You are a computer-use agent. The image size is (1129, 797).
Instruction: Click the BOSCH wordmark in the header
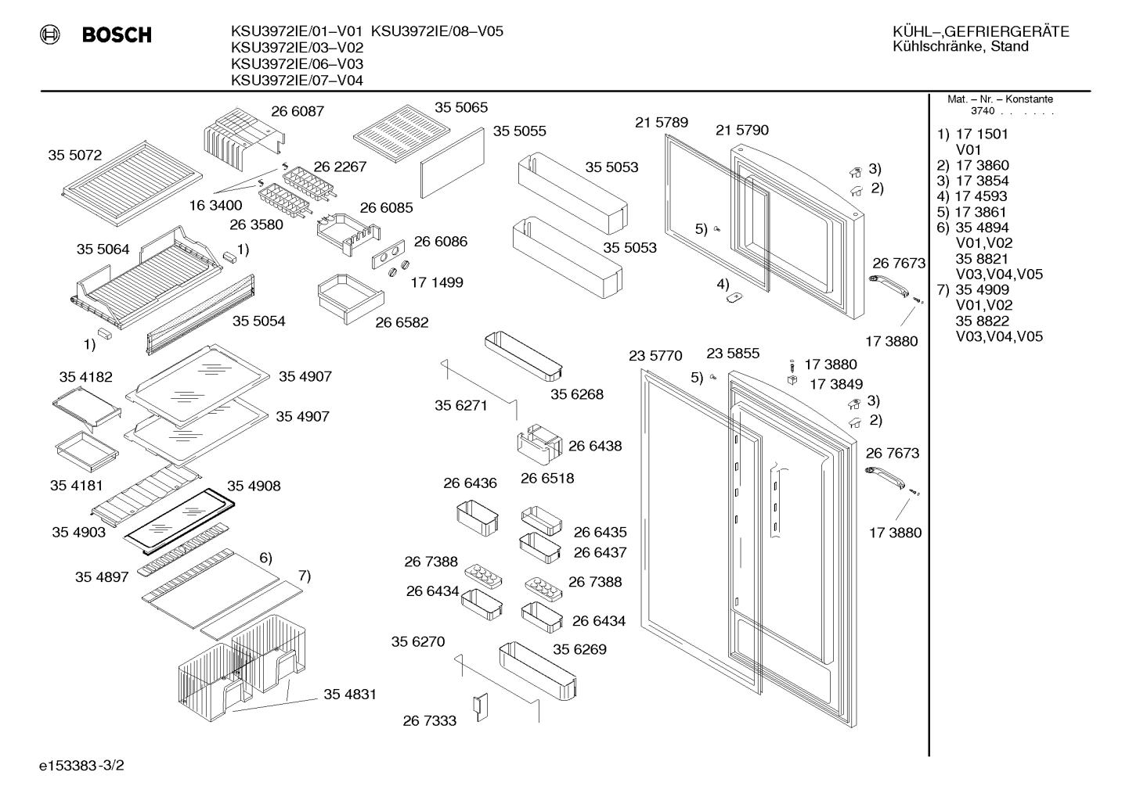coord(117,34)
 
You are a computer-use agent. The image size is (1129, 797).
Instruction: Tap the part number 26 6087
coord(298,111)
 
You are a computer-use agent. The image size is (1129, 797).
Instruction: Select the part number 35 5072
coord(74,155)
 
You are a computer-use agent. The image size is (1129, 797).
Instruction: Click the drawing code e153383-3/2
coord(81,766)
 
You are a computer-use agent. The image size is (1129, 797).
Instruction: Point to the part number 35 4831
coord(350,695)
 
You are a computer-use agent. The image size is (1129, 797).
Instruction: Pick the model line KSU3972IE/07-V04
coord(297,81)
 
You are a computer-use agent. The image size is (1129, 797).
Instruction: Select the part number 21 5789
coord(662,122)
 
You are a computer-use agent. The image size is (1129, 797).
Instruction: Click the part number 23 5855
coord(732,354)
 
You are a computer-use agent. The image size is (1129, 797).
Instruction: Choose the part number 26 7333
coord(429,721)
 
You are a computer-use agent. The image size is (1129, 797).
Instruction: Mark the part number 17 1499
coord(436,282)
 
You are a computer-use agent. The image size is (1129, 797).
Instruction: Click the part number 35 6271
coord(460,405)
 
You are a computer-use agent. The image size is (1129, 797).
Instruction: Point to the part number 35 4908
coord(254,486)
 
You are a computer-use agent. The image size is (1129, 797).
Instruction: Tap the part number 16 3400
coord(216,206)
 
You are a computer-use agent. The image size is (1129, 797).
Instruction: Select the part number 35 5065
coord(461,107)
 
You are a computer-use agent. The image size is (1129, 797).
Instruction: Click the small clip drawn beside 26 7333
coord(480,707)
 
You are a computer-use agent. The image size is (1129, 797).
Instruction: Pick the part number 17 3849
coord(836,384)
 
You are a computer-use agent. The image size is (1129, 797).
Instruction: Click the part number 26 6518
coord(547,478)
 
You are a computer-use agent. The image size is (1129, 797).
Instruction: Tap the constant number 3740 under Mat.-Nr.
coord(983,111)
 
